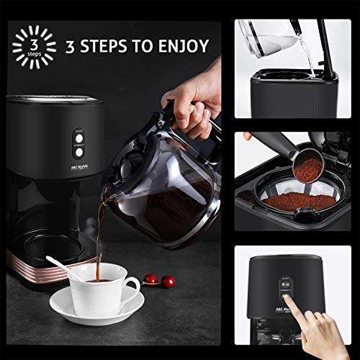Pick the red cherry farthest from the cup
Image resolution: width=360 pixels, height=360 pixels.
(x=168, y=281)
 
